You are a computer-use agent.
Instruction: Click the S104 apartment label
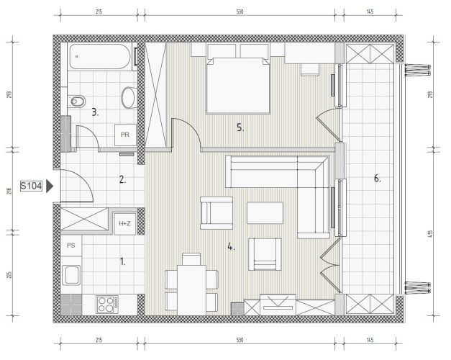(31, 186)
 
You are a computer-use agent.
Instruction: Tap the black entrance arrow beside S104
(50, 186)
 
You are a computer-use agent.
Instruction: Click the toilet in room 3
(78, 101)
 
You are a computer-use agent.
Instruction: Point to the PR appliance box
(125, 135)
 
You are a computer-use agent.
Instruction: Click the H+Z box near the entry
(125, 223)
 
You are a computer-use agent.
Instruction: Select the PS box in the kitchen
(71, 246)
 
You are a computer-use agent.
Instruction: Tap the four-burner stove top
(107, 305)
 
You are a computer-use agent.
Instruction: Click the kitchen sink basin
(71, 275)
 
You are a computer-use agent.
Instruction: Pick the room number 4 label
(231, 246)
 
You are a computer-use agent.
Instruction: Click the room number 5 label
(240, 127)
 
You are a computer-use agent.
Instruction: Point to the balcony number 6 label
(378, 179)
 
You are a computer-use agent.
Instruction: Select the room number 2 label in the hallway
(122, 180)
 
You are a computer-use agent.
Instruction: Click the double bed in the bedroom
(238, 85)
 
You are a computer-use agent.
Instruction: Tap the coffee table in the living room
(265, 213)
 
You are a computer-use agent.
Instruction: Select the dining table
(191, 290)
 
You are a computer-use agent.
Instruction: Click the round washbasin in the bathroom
(129, 97)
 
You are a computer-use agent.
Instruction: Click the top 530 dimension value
(240, 12)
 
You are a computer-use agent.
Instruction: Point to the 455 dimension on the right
(430, 233)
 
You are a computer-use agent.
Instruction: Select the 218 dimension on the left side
(9, 191)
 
